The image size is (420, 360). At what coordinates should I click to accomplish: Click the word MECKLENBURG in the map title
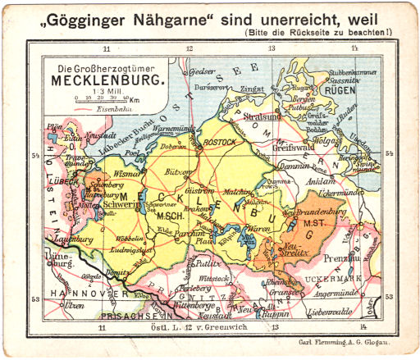pos(107,81)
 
